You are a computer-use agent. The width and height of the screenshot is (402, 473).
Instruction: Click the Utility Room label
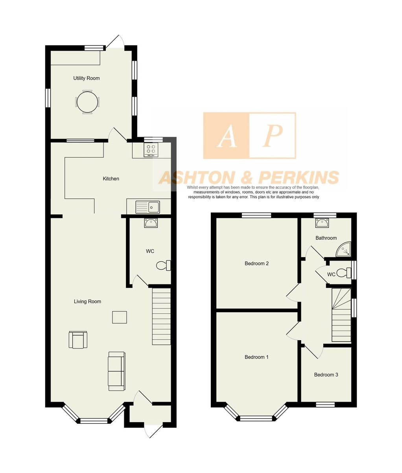(x=86, y=78)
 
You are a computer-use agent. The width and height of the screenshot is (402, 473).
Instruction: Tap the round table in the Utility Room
(x=87, y=102)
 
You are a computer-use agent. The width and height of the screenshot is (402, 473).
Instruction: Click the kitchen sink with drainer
(x=148, y=207)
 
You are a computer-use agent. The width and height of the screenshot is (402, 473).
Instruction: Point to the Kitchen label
(x=111, y=179)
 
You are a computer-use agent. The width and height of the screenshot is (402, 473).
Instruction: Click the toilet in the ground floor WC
(x=164, y=265)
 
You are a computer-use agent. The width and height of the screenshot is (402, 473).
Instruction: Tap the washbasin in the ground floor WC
(x=151, y=223)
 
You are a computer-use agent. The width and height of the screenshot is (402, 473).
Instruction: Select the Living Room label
(x=87, y=302)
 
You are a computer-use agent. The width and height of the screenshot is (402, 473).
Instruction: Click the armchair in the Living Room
(x=78, y=340)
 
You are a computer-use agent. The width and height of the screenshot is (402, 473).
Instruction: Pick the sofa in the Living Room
(x=116, y=371)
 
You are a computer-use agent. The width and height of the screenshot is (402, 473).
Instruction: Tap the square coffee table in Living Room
(x=120, y=317)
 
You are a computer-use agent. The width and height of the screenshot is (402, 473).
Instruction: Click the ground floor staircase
(x=162, y=317)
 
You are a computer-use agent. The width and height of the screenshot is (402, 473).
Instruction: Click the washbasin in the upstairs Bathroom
(x=322, y=223)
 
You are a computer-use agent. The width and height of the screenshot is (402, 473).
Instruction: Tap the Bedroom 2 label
(x=256, y=263)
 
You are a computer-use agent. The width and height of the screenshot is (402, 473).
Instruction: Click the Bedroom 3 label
(x=326, y=374)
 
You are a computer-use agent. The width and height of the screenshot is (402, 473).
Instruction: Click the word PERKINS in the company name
(x=299, y=177)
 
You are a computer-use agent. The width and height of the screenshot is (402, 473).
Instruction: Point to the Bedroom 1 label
(x=256, y=357)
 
